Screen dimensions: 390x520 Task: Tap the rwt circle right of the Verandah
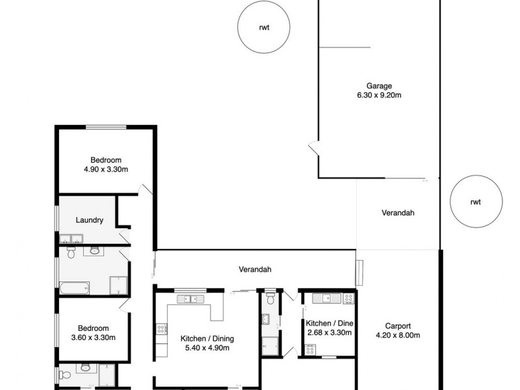(475, 201)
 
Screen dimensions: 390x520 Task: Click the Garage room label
(379, 85)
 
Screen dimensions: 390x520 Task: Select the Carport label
(398, 326)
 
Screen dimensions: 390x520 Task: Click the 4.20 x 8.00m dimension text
(398, 335)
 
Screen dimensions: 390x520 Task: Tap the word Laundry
(90, 220)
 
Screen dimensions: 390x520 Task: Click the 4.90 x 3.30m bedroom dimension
(105, 170)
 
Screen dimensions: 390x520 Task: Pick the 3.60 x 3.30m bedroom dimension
(93, 337)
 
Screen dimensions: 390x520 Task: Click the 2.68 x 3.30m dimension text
(329, 333)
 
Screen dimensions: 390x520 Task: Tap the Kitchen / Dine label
(329, 324)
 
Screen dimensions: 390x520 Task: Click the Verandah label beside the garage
(398, 213)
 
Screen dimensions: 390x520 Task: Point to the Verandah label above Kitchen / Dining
(254, 269)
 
